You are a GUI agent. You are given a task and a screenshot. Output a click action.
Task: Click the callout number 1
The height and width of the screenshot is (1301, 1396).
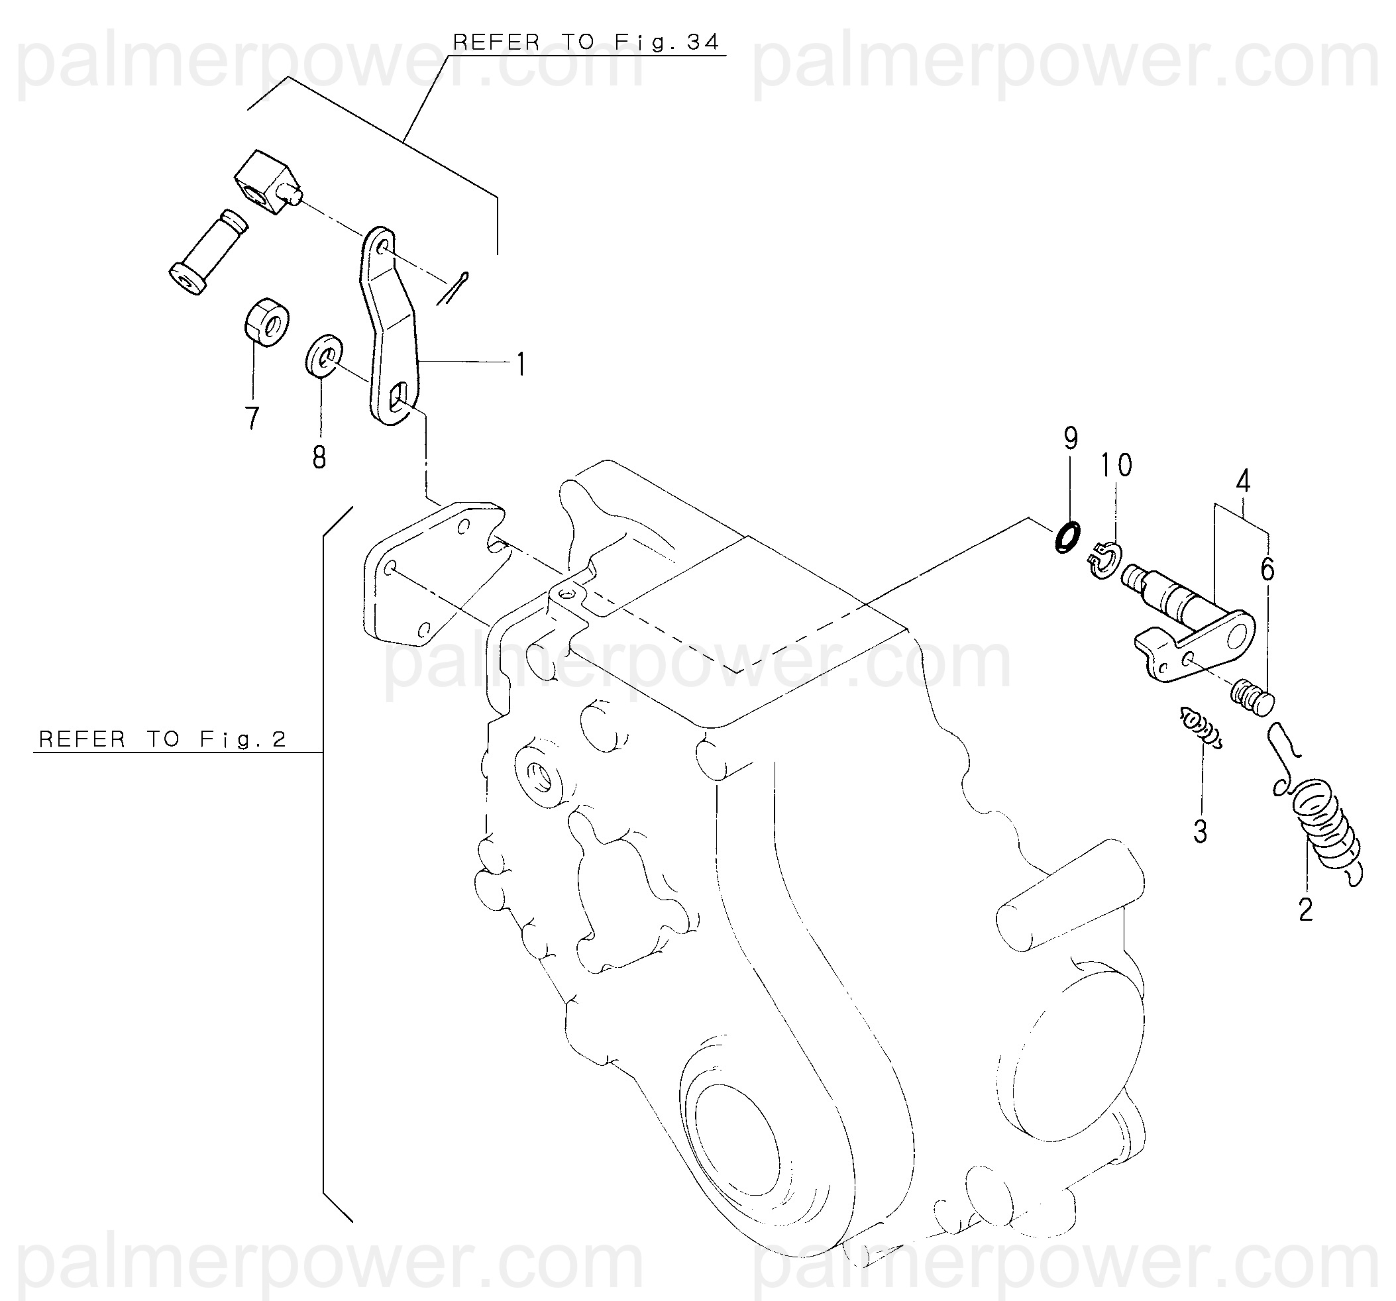pos(520,365)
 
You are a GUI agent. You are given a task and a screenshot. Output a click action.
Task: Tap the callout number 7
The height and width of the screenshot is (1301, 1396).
pos(252,419)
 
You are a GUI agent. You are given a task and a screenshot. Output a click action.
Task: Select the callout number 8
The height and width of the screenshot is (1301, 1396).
pos(319,458)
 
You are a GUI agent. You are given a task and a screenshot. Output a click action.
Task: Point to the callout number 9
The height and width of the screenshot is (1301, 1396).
pos(1070,439)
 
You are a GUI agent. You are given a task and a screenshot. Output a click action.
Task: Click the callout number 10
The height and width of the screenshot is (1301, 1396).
pos(1116,465)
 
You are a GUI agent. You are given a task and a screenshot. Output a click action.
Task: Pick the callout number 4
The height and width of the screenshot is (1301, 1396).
pos(1243,481)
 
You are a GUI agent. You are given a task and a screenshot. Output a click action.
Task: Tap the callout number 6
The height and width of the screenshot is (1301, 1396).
pos(1267,570)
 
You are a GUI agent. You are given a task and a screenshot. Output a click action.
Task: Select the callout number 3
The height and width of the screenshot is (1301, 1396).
pos(1200,832)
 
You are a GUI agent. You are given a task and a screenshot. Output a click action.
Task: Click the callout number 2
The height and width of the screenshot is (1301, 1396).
pos(1305,911)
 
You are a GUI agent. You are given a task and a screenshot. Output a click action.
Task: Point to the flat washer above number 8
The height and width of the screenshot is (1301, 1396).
pos(324,356)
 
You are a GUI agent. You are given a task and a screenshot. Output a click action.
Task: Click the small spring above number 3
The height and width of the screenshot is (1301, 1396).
pos(1201,727)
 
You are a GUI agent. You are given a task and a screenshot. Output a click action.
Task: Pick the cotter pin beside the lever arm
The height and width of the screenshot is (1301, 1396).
pos(453,289)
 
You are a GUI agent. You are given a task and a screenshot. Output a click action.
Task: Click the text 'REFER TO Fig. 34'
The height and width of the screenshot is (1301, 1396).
pos(586,43)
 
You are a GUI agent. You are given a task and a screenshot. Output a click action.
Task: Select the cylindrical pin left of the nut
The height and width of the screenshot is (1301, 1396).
pos(209,252)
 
